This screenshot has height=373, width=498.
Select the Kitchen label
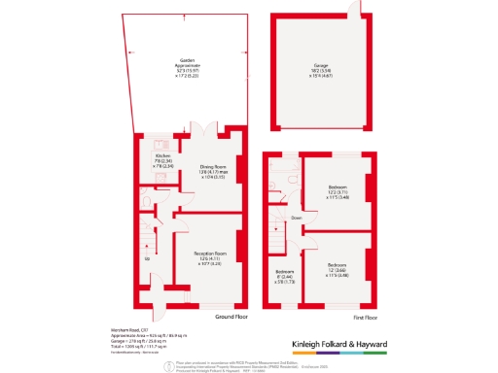(161, 160)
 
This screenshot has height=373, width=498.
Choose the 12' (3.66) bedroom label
(338, 268)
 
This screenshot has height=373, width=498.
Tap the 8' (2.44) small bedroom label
(284, 276)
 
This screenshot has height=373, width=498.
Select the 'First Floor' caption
(365, 317)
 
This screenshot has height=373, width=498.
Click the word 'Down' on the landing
(296, 219)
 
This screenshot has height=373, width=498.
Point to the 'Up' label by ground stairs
(147, 259)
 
